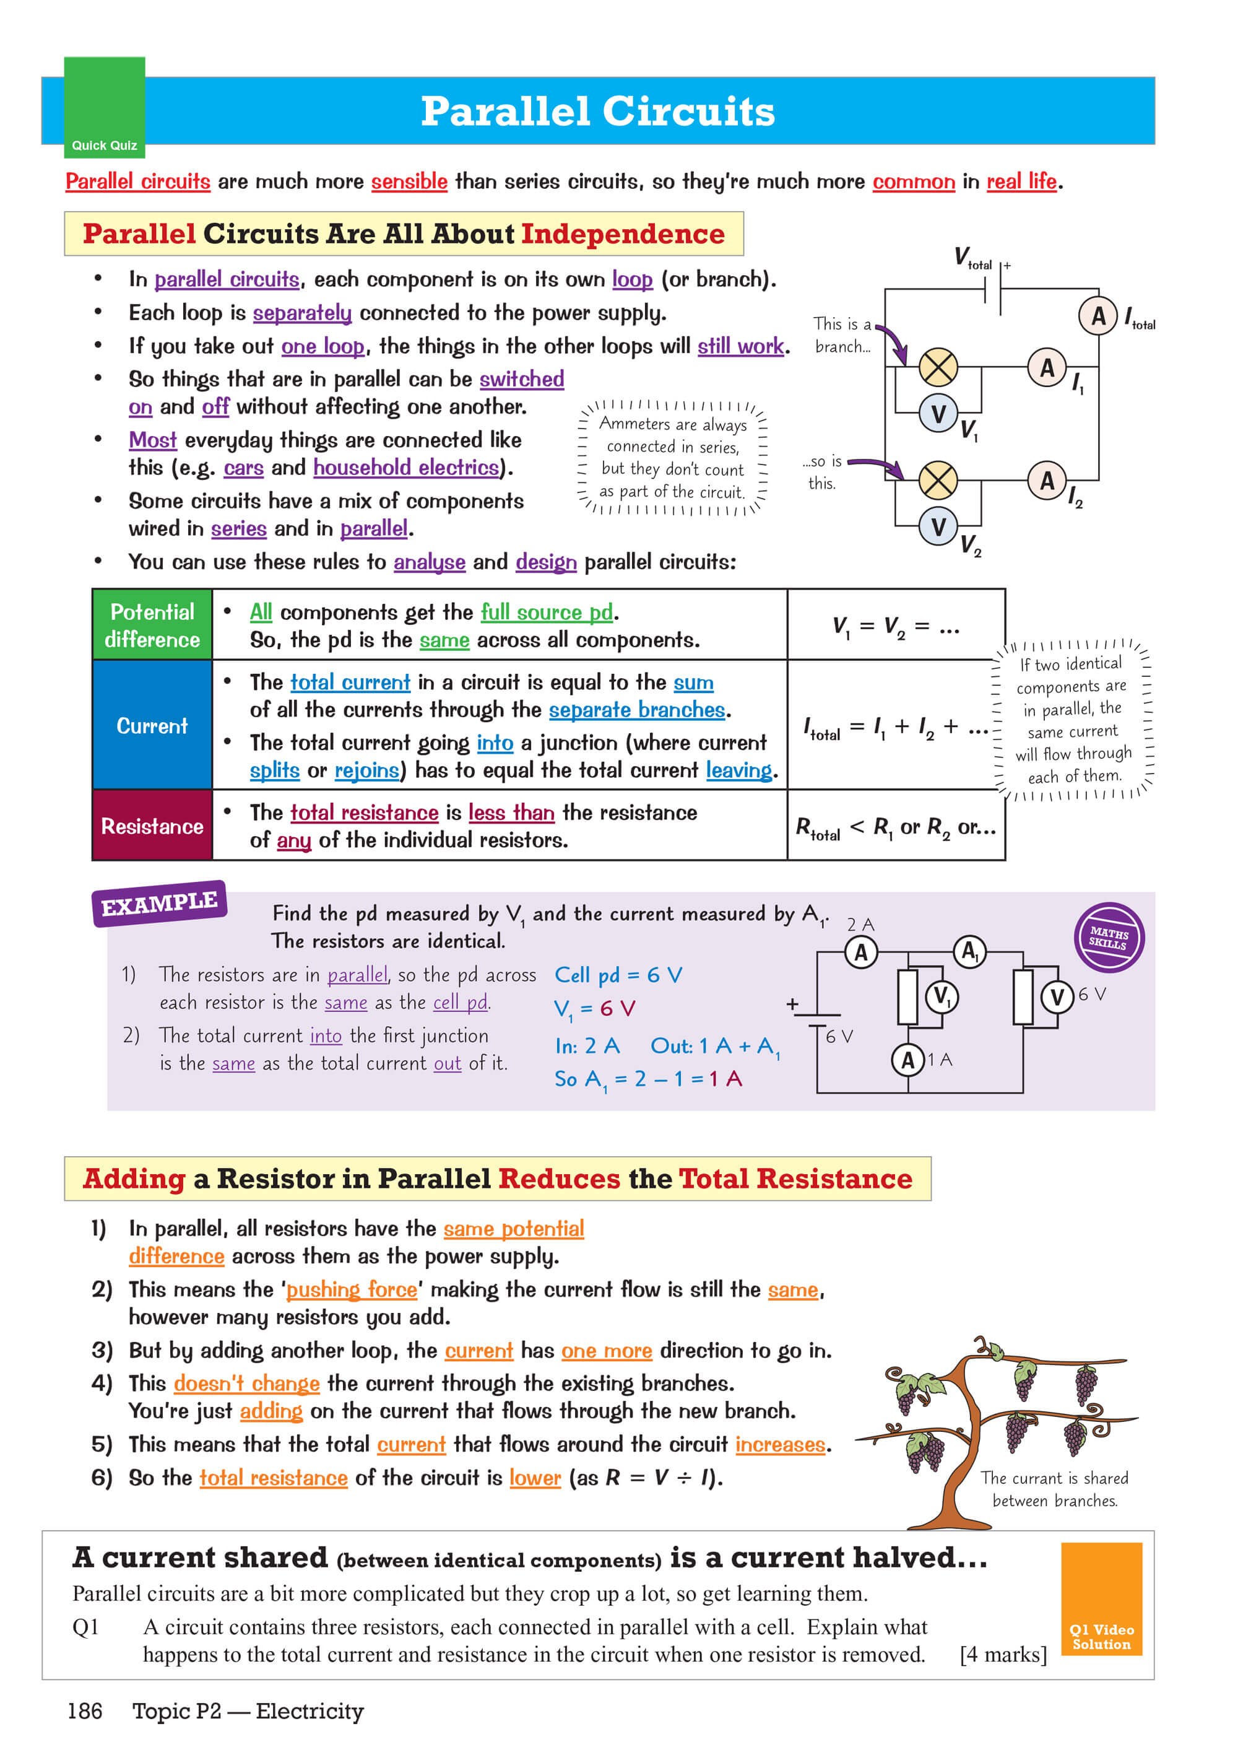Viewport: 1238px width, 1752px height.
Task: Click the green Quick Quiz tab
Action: (105, 108)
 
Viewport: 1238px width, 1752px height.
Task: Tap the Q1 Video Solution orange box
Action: (1101, 1598)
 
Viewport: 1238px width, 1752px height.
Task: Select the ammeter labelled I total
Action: (1097, 315)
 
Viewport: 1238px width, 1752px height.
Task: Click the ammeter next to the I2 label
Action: (1047, 481)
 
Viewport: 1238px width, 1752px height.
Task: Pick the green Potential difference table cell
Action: (152, 625)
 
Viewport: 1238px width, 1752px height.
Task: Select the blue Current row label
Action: (152, 725)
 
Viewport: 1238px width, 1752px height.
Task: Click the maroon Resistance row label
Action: (152, 826)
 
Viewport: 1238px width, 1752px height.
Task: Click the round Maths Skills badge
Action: (1109, 937)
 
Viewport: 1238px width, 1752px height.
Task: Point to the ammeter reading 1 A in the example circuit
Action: (907, 1060)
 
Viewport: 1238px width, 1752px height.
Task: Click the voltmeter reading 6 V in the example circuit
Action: (1057, 996)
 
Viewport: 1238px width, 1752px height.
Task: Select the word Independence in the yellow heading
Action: (623, 234)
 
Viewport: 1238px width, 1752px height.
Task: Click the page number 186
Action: (85, 1711)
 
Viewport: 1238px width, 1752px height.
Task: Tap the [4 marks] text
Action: (1003, 1654)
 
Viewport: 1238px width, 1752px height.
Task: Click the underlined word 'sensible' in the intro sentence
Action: (409, 181)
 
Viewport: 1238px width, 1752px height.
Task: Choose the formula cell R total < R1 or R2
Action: (896, 826)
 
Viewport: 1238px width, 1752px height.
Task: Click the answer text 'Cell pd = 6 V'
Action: (618, 975)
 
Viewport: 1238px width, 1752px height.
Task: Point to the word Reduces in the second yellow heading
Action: (559, 1179)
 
